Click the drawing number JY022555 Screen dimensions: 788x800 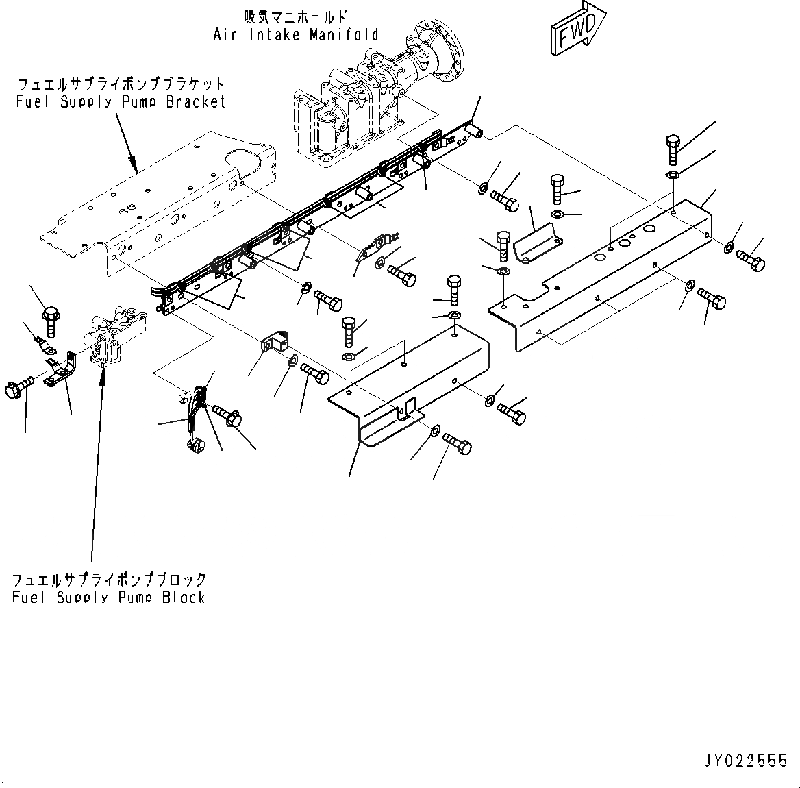[x=745, y=761]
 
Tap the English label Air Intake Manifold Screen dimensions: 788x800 [x=295, y=34]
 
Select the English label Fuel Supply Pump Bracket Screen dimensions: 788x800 [x=121, y=101]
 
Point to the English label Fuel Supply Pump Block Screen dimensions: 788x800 [x=109, y=597]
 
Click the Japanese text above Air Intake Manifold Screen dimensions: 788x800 [x=295, y=16]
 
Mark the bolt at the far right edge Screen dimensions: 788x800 [x=751, y=260]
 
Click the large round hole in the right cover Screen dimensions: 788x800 [x=625, y=243]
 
